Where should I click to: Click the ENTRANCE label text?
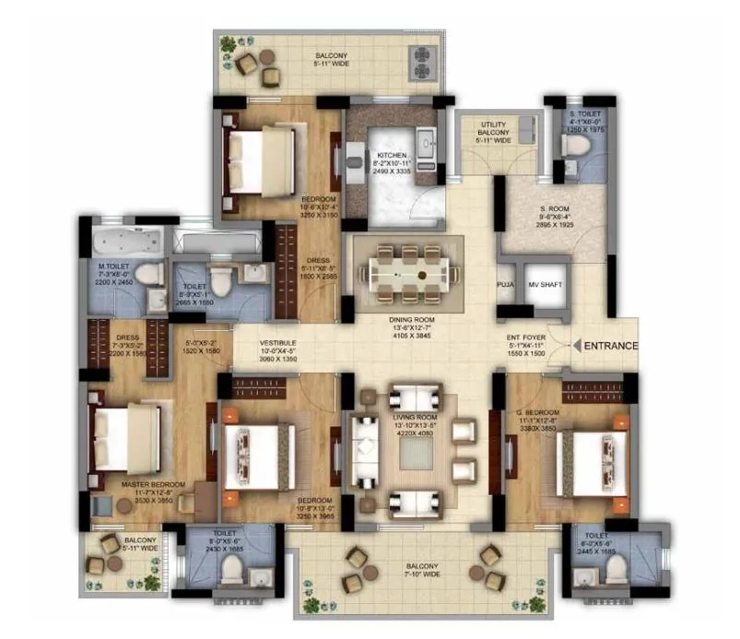click(x=610, y=346)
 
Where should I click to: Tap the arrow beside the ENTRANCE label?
click(x=576, y=346)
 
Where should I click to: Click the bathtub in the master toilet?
click(x=127, y=244)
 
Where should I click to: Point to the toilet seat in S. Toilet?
click(x=570, y=166)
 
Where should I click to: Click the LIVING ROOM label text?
click(x=414, y=417)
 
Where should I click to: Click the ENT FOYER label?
click(x=525, y=337)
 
